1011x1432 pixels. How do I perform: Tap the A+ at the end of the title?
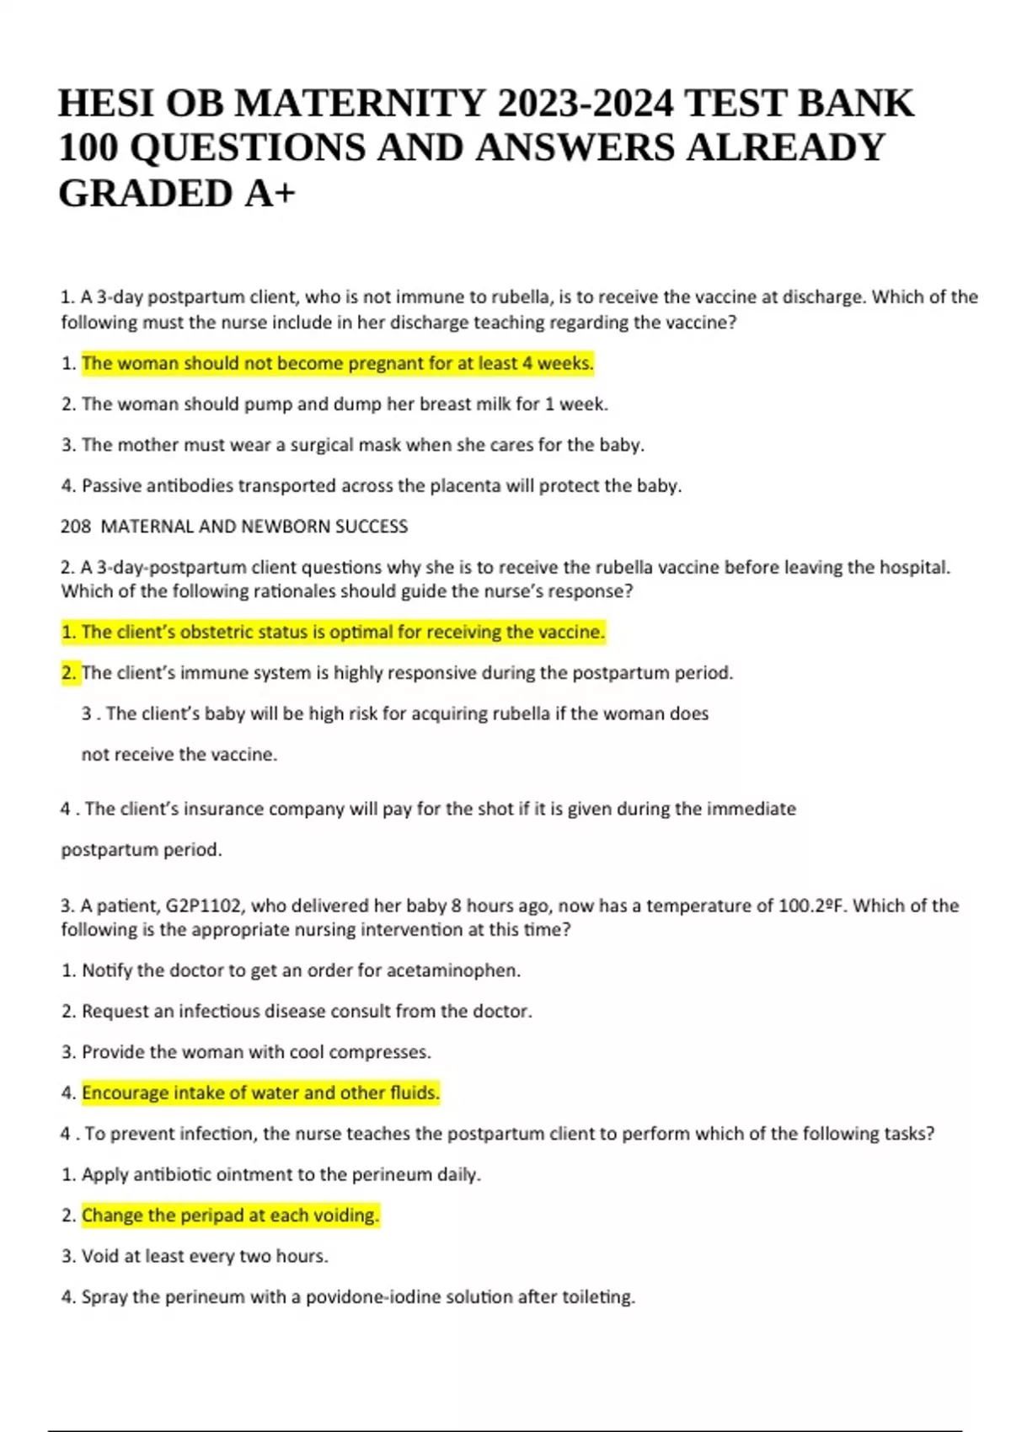point(271,194)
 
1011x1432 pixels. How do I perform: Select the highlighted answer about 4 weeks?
point(338,364)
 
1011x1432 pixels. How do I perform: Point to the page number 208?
point(75,526)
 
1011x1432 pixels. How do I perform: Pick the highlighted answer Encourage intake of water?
point(260,1093)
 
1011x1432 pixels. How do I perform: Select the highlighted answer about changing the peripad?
point(230,1216)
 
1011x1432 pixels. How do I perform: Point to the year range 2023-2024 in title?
point(586,104)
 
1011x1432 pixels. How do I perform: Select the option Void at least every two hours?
point(205,1257)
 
